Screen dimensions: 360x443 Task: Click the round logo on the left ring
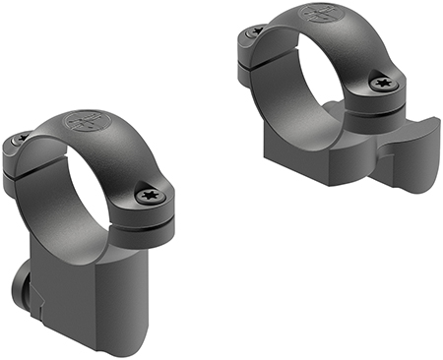[84, 125]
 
